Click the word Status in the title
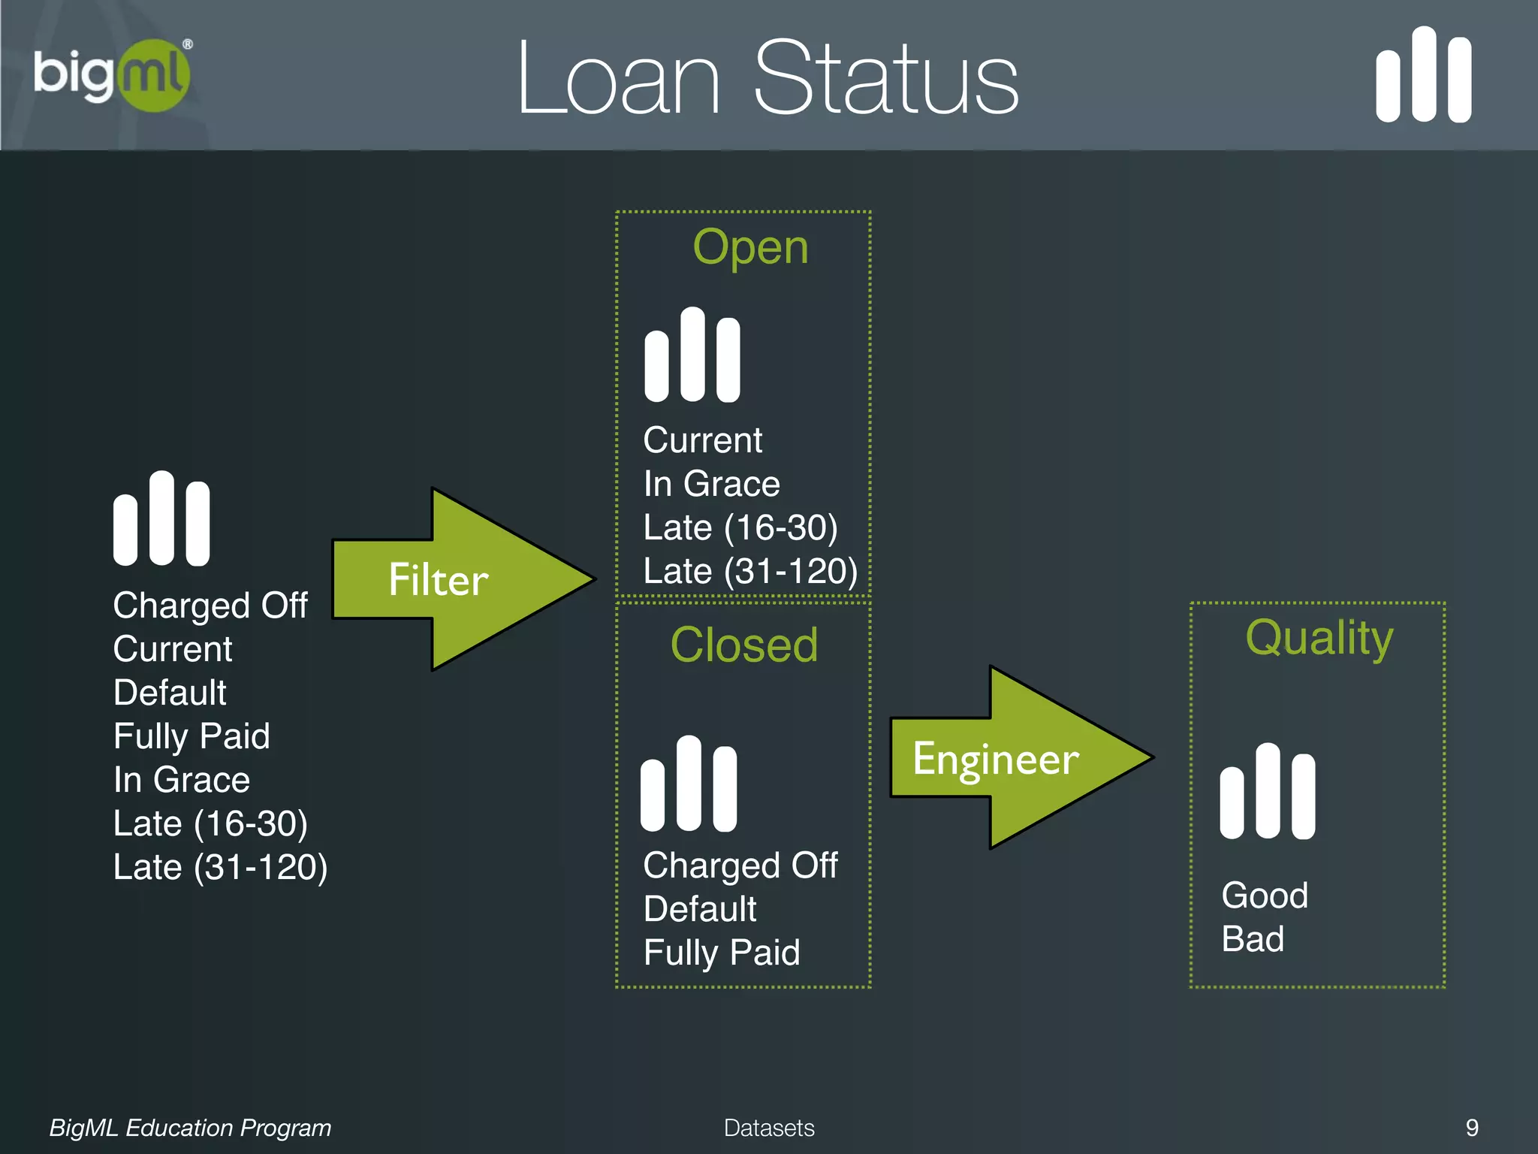coord(886,79)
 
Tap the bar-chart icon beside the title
coord(1423,75)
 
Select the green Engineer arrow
coord(1014,757)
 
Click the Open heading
coord(750,247)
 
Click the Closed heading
coord(743,645)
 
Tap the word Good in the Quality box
coord(1265,896)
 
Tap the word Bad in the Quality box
coord(1253,939)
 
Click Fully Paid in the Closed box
coord(722,953)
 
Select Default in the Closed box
coord(700,909)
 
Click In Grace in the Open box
coord(711,484)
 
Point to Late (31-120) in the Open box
coord(750,571)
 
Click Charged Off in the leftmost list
coord(210,606)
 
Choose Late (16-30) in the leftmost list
coord(210,823)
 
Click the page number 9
coord(1472,1127)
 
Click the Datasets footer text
coord(769,1128)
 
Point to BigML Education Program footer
coord(190,1128)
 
